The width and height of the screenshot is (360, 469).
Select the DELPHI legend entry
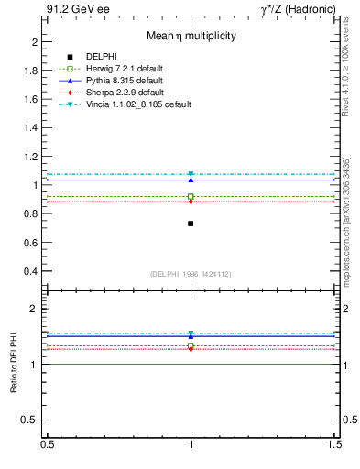pos(101,57)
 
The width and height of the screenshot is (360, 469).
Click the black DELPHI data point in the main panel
pos(191,224)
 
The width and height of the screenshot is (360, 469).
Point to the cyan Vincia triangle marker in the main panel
pos(191,174)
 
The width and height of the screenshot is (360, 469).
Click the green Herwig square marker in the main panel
pos(191,196)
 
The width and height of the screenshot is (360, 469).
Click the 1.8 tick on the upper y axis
pos(33,71)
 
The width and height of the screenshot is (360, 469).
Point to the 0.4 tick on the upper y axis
pos(33,271)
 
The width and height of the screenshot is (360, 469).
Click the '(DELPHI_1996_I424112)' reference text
pos(191,274)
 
